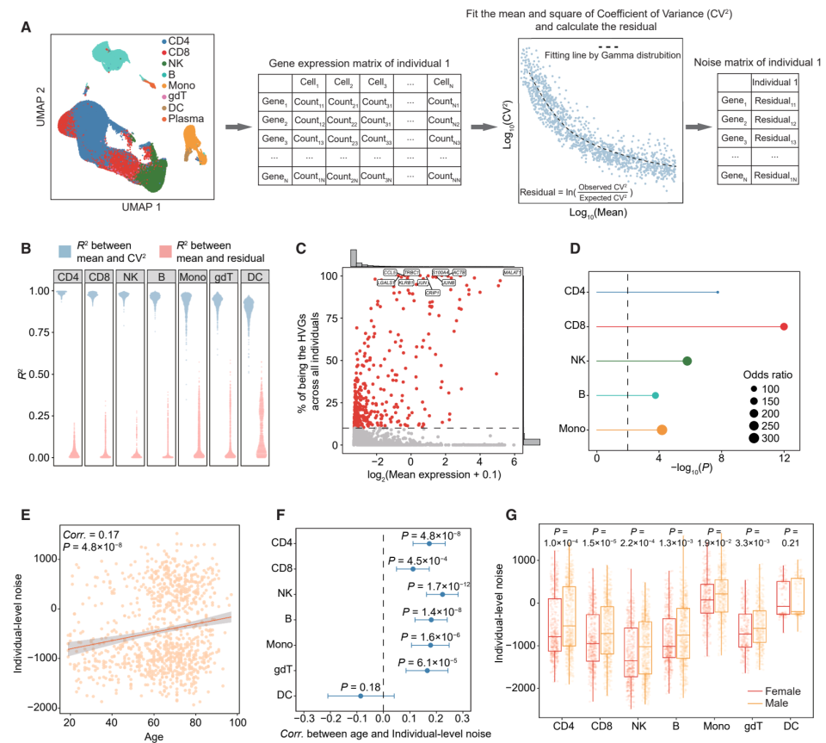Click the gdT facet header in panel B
pos(225,276)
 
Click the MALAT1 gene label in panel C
pos(513,272)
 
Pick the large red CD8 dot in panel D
pos(784,327)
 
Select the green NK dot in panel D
pos(687,361)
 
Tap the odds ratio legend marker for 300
pos(755,439)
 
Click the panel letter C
pos(301,249)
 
